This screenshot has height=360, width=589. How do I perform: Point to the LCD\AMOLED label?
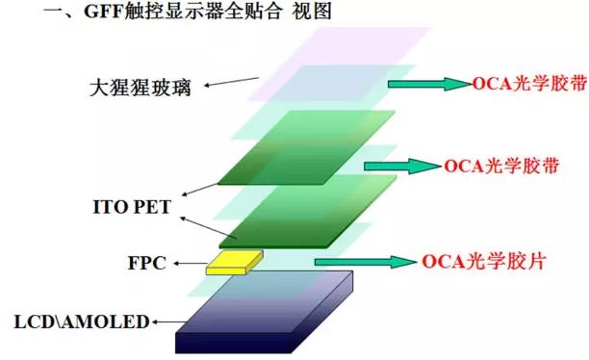83,321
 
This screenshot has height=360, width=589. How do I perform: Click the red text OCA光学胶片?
483,261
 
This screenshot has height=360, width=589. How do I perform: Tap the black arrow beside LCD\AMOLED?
164,321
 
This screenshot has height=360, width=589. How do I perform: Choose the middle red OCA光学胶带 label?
499,165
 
